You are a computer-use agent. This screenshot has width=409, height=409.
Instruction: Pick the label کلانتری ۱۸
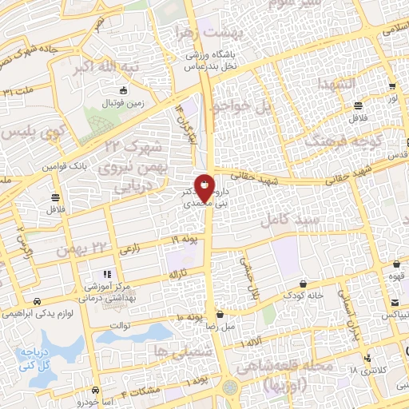pos(364,371)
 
